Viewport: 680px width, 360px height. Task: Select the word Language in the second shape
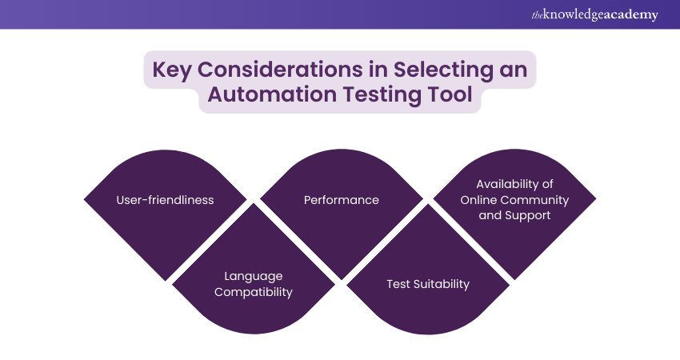pos(253,276)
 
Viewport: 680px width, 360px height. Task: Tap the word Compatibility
pos(253,292)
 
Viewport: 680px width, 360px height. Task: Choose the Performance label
pos(341,200)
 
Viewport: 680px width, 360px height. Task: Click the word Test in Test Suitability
pos(398,284)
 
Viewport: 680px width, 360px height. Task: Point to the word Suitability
pos(442,284)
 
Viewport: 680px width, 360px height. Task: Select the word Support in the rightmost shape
pos(527,215)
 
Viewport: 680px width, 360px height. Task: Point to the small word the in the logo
pos(536,14)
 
